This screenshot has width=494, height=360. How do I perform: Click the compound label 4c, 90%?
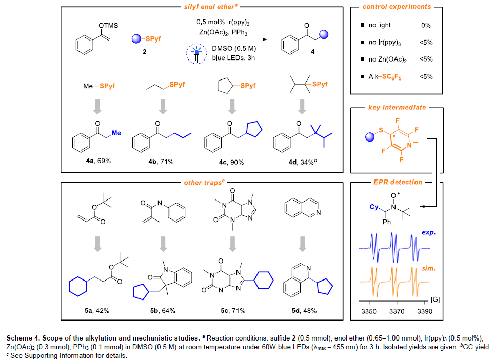(x=231, y=162)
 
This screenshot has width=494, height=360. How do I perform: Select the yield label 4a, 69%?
(x=96, y=162)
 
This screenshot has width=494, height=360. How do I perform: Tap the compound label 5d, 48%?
(x=302, y=311)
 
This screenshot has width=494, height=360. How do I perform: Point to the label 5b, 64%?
(x=164, y=311)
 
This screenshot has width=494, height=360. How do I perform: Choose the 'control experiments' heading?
(x=397, y=7)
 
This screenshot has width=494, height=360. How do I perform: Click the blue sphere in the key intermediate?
(x=364, y=137)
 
